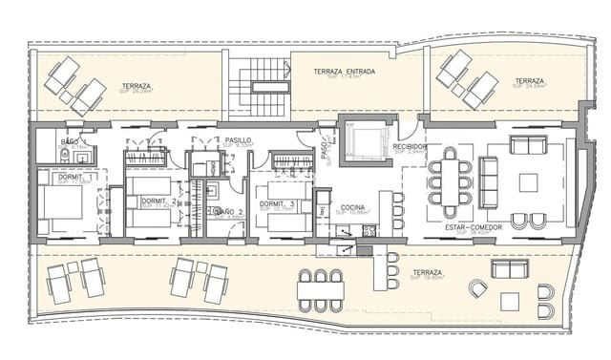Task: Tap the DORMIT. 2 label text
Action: (x=158, y=201)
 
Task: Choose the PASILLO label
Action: (x=239, y=140)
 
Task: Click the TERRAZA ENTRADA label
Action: (x=344, y=72)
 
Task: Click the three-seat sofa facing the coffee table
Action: (x=488, y=180)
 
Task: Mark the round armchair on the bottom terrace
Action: (x=477, y=288)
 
